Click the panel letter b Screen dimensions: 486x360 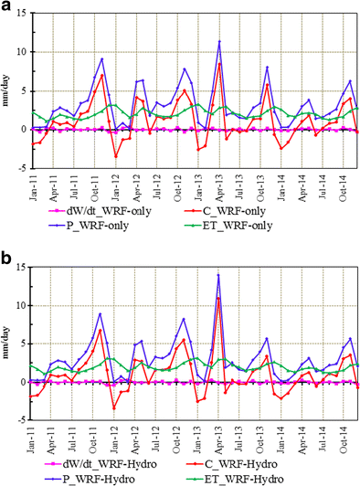[7, 255]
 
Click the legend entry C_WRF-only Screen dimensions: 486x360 [267, 210]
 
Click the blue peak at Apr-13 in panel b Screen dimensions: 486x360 [218, 275]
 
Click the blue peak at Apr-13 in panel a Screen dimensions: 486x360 [219, 41]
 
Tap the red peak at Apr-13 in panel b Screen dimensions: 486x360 [218, 298]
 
